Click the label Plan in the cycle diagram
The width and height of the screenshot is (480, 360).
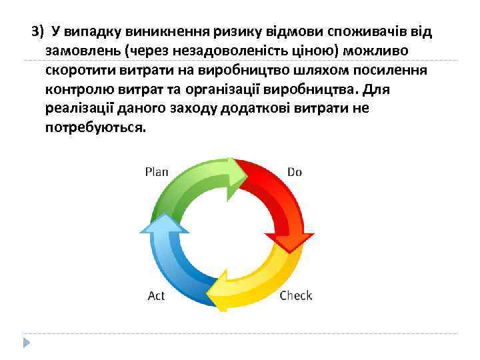[157, 172]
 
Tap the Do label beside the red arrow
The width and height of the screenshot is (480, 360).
[294, 172]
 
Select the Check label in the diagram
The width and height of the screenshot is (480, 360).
[295, 295]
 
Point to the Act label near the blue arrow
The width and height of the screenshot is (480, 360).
[156, 295]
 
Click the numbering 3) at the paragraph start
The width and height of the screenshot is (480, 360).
[38, 31]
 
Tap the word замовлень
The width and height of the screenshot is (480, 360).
[77, 51]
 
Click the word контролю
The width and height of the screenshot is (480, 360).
[73, 89]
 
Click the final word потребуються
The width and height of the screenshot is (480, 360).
[94, 127]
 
